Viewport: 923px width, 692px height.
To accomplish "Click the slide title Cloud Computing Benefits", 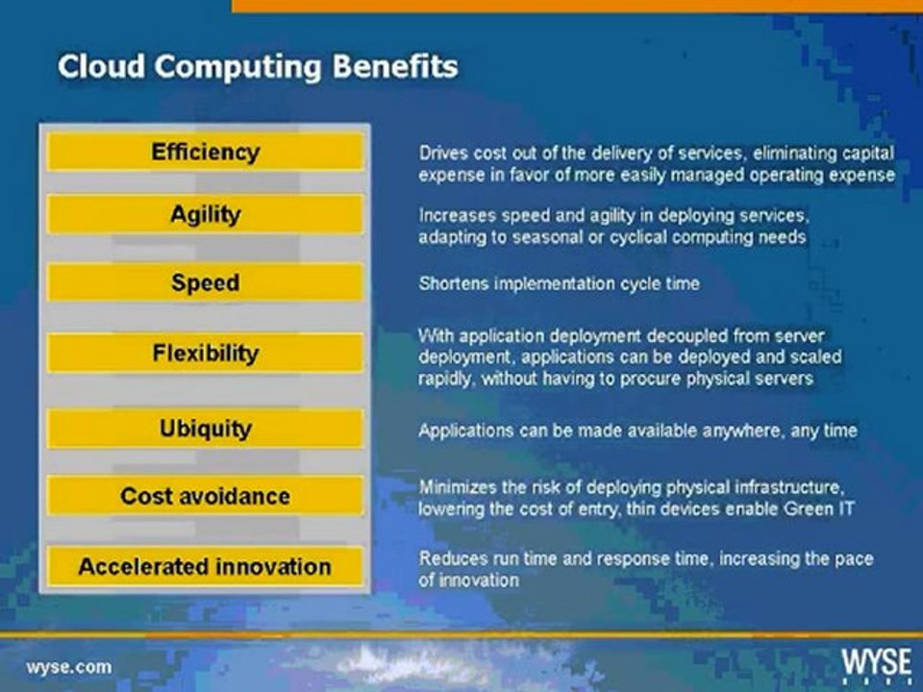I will point(258,66).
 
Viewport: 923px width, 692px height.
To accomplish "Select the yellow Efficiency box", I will point(205,152).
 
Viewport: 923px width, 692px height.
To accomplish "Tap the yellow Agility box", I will point(205,214).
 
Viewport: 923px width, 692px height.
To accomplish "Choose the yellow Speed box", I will point(205,284).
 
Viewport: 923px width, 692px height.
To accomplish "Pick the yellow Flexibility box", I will point(205,353).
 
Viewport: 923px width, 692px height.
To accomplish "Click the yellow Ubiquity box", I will point(205,428).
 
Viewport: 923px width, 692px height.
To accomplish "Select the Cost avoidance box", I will point(205,496).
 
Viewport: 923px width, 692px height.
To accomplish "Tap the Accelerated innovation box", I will point(205,566).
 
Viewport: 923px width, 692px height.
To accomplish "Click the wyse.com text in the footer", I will point(68,666).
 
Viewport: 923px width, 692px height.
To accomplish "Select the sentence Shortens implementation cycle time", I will point(559,284).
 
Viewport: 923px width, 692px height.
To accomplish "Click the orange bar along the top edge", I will point(577,6).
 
